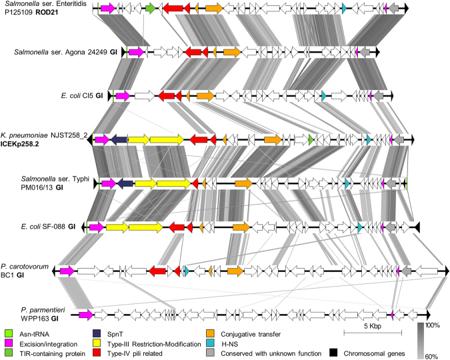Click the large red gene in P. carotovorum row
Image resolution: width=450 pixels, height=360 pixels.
tap(157, 271)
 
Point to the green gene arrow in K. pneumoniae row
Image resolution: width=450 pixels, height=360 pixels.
tap(311, 139)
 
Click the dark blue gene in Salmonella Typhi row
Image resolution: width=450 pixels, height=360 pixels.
tap(126, 183)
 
